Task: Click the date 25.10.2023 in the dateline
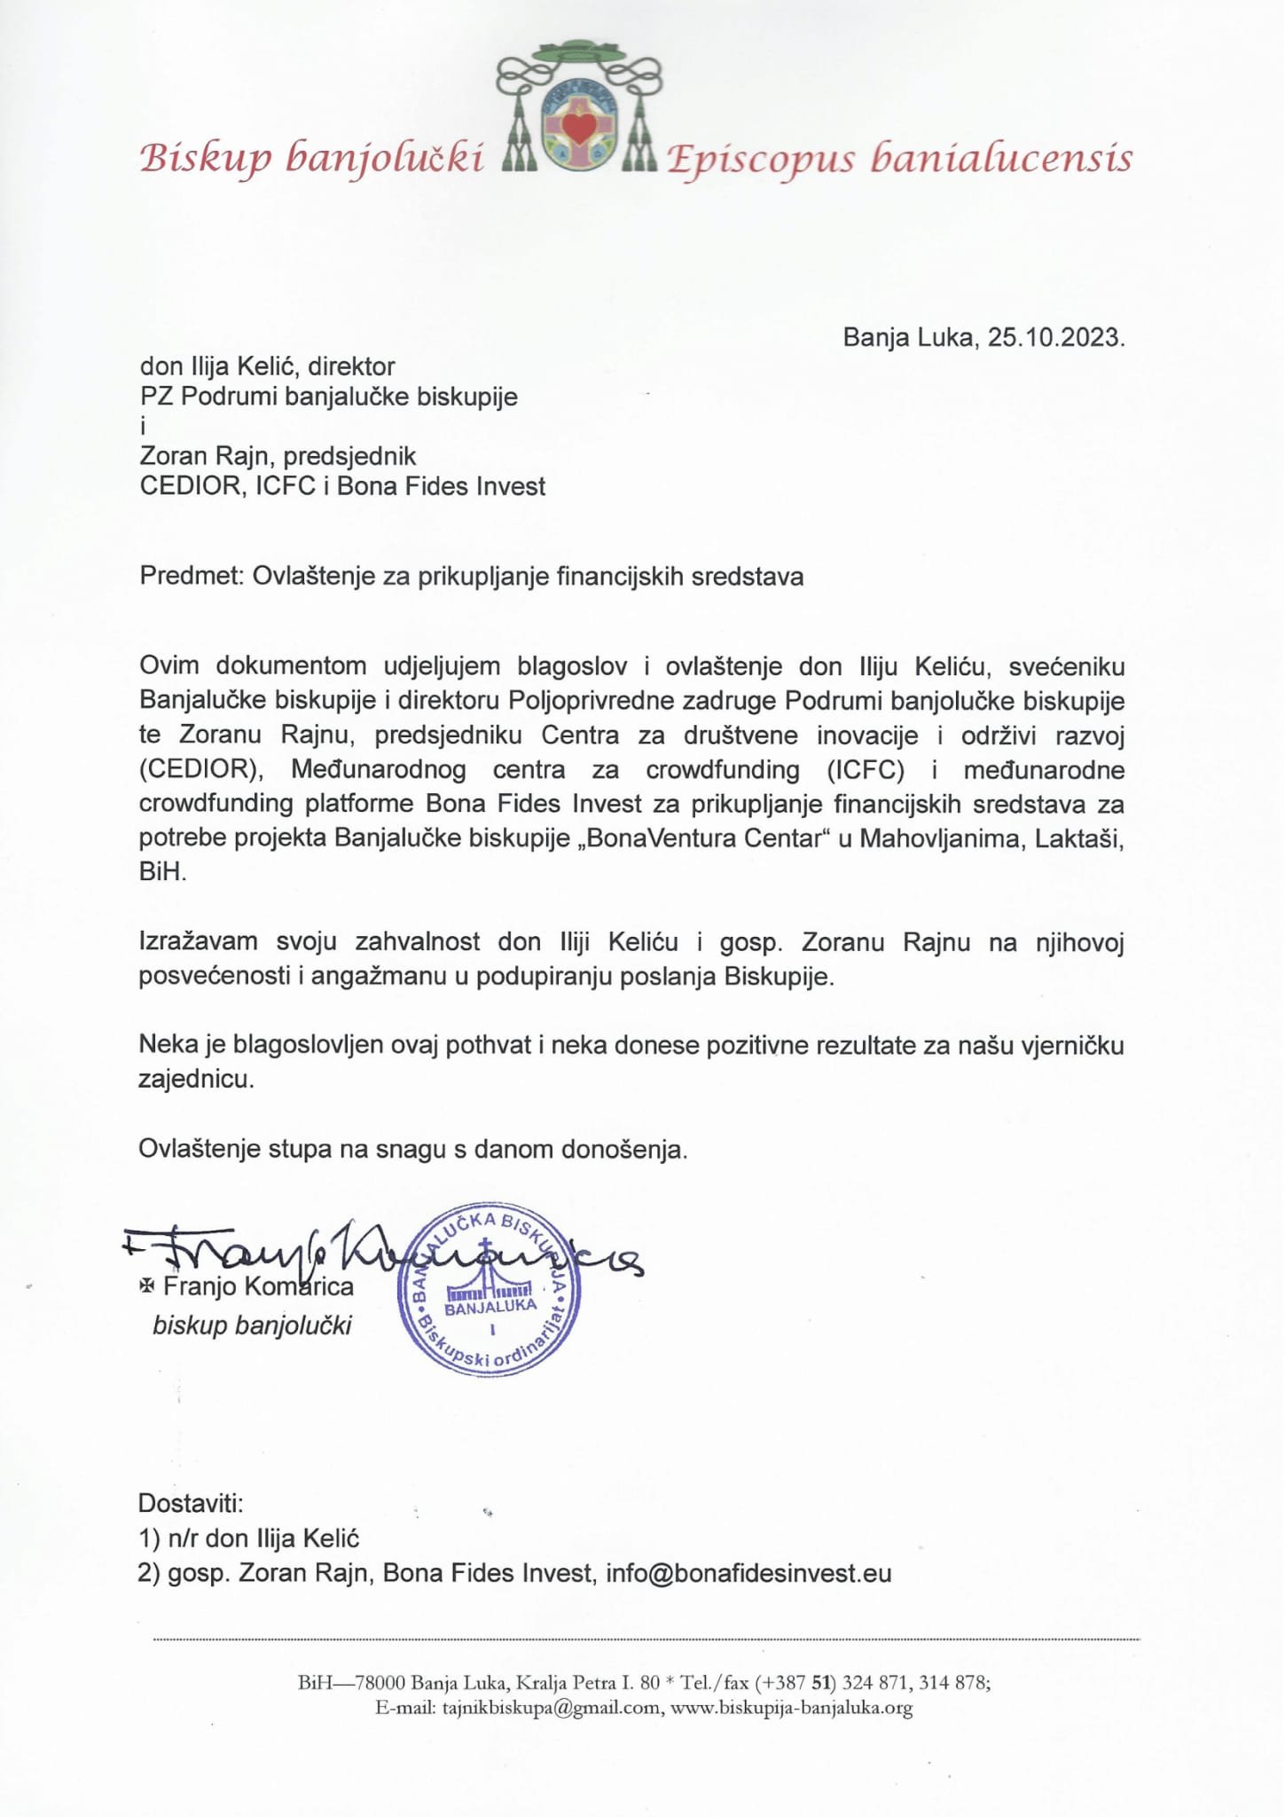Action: pos(1056,338)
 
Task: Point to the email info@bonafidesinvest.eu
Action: pos(748,1573)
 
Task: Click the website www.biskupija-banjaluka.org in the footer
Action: pos(792,1708)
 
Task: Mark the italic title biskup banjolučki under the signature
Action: pos(252,1325)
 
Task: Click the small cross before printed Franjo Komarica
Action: pos(146,1286)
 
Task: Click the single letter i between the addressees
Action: pos(144,427)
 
